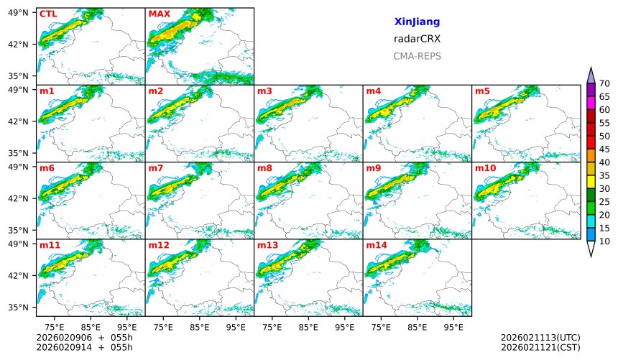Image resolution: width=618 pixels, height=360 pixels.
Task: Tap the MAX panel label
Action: tap(159, 14)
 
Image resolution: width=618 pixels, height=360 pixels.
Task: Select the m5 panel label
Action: tap(482, 91)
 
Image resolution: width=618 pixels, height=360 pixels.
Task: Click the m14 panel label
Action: tap(377, 245)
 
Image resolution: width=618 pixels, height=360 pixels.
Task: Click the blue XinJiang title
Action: tap(417, 22)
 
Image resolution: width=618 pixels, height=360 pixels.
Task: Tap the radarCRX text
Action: tap(417, 39)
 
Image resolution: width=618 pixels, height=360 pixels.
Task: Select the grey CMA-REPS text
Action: tap(417, 56)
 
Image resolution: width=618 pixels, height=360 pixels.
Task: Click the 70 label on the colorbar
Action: tap(604, 84)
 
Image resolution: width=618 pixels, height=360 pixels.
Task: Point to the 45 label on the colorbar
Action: tap(604, 149)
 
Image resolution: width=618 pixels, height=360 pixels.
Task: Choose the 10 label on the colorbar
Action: tap(604, 241)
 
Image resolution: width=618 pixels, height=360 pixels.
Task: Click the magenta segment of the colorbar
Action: tap(591, 103)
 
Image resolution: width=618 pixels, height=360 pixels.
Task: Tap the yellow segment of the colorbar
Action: tap(591, 182)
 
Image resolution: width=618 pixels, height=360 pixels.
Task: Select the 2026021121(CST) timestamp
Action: tap(540, 347)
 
